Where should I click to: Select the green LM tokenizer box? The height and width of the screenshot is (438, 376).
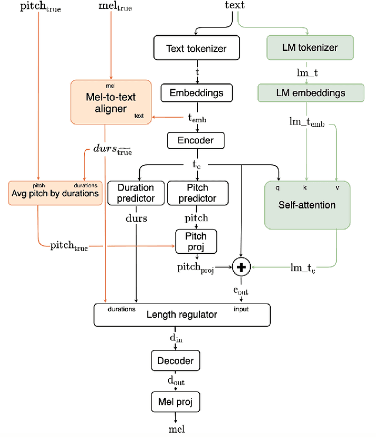301,48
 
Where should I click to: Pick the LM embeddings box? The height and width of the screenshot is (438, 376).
301,93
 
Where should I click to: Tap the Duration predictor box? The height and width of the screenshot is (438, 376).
136,193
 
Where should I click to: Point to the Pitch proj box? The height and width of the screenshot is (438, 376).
192,240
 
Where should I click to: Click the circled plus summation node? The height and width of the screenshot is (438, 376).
241,267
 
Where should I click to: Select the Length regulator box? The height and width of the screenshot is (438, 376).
182,315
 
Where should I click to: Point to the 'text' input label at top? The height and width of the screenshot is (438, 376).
234,6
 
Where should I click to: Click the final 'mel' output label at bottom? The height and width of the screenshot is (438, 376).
176,429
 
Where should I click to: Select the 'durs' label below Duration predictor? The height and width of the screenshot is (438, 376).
136,218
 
